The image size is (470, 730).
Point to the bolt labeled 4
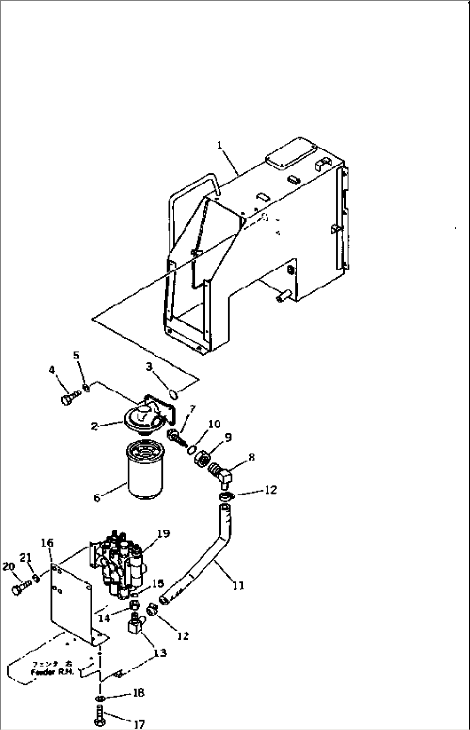(x=69, y=399)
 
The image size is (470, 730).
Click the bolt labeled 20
(x=21, y=589)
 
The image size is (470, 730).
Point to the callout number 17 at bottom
(x=139, y=724)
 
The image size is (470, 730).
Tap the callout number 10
(x=214, y=424)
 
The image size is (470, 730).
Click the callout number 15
(x=158, y=583)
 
